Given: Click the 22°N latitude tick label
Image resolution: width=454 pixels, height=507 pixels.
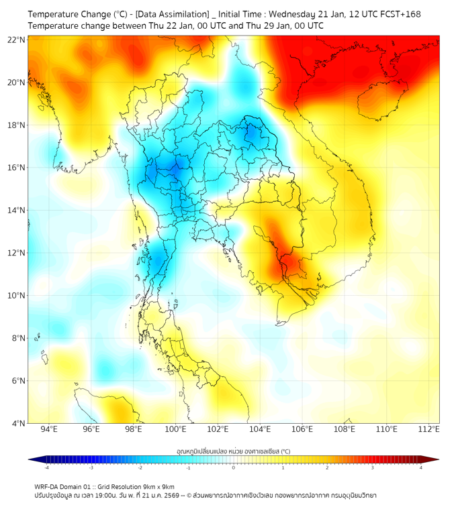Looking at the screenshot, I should (17, 40).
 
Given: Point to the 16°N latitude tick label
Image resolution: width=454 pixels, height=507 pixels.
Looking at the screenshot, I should (17, 168).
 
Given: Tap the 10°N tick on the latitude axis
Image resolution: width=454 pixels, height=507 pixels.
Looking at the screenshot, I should (17, 296).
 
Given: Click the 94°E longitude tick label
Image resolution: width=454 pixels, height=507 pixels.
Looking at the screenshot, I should (49, 429).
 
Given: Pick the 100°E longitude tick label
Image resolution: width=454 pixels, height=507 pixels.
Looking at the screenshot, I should (176, 429).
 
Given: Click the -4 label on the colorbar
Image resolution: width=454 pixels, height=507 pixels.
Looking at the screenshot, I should (46, 467).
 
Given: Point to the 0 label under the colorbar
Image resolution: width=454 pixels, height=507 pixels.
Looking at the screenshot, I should (234, 467).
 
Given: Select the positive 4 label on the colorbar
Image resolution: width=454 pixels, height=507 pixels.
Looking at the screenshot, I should (421, 467).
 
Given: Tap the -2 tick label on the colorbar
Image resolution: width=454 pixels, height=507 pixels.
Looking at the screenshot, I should (140, 467).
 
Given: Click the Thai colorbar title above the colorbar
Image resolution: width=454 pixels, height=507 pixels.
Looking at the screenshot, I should (233, 451).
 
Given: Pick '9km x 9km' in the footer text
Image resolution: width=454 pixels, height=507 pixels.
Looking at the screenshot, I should (159, 486).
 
